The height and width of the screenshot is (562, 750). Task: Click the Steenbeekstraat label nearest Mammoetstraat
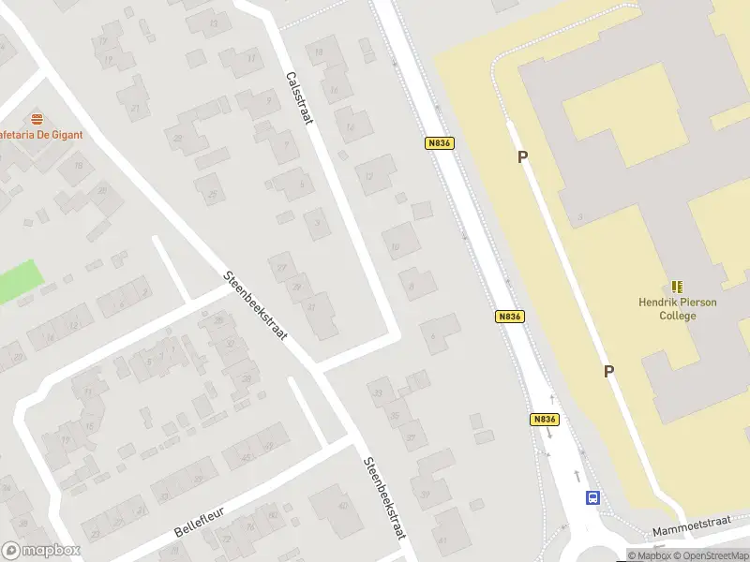click(x=384, y=497)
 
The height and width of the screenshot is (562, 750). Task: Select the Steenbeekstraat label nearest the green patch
click(x=255, y=305)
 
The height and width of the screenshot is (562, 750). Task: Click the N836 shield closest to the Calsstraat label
click(x=439, y=143)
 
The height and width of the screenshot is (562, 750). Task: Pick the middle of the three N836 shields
click(x=508, y=317)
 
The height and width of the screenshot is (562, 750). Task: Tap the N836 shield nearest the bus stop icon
click(x=544, y=420)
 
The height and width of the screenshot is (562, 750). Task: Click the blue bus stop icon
click(x=593, y=498)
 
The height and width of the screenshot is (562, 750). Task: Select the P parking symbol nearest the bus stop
click(x=608, y=372)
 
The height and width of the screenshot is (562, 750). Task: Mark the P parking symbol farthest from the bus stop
click(x=522, y=157)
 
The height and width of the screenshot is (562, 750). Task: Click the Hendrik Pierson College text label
click(x=678, y=309)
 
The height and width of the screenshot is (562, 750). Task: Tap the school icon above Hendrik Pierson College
click(x=678, y=287)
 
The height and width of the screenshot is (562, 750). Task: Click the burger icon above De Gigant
click(x=37, y=119)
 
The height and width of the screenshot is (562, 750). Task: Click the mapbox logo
click(x=41, y=551)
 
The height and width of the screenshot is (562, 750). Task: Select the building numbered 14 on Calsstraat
click(x=352, y=125)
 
